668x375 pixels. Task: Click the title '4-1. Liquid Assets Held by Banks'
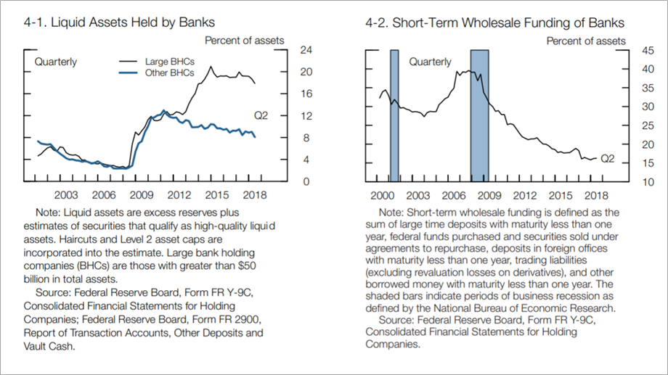point(119,22)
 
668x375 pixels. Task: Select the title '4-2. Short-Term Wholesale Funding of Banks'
point(494,22)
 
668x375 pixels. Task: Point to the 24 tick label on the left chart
point(306,50)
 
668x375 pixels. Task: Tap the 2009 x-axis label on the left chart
point(142,195)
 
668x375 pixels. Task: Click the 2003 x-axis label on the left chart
point(66,195)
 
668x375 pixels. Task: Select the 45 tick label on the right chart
point(648,51)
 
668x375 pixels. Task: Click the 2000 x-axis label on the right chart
point(382,195)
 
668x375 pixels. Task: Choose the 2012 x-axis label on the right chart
point(524,195)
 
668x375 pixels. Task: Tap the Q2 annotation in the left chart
point(261,116)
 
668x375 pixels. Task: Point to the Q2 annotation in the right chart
point(608,159)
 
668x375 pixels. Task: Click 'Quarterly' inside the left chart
point(56,62)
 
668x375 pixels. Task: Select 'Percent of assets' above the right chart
point(586,41)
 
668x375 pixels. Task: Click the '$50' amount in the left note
point(247,265)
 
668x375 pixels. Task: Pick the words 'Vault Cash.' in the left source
point(49,347)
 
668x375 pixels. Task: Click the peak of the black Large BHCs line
point(211,67)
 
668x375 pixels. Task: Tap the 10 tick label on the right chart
point(648,182)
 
